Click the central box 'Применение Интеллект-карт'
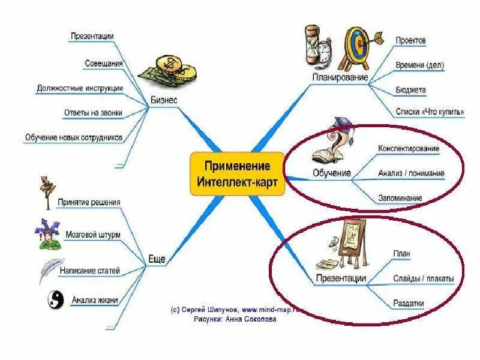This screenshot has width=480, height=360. (x=237, y=174)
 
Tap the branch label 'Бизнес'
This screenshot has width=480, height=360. (x=163, y=100)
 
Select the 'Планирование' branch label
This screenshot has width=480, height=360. (x=340, y=78)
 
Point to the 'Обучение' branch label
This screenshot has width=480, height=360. (x=331, y=173)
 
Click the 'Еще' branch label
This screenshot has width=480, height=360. (x=156, y=259)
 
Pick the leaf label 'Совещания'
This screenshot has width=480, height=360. (x=104, y=63)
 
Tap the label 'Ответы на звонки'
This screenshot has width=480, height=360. (x=93, y=112)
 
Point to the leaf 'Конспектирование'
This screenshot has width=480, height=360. (x=409, y=148)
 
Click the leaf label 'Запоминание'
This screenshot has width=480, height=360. (x=400, y=197)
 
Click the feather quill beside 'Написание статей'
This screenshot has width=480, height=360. (x=50, y=271)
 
